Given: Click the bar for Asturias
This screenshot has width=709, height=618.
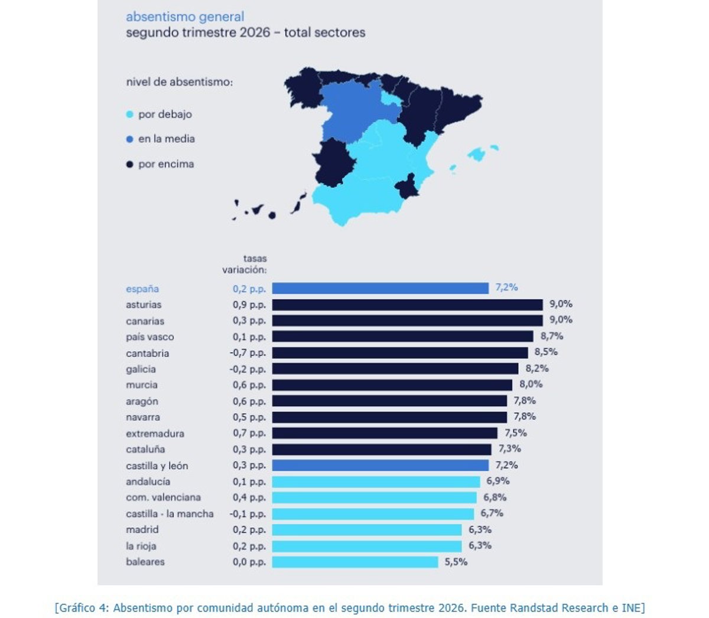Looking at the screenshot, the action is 407,305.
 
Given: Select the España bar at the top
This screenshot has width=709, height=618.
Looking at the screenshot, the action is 380,288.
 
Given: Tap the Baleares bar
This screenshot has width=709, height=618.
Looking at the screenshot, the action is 355,562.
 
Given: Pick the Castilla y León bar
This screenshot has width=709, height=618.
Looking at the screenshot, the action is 380,465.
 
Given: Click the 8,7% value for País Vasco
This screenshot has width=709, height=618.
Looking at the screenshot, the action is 552,336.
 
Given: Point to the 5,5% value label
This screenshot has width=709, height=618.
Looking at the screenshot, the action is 456,561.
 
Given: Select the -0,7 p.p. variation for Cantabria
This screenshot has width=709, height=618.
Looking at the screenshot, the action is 248,353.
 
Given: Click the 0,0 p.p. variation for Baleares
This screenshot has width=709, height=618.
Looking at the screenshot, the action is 249,561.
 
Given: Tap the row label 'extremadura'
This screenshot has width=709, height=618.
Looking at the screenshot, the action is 155,433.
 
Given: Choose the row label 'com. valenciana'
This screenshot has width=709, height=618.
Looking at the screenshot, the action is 163,498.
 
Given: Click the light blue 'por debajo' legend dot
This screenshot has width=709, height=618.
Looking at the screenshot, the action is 129,115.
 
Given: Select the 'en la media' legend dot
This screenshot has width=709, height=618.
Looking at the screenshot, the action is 129,139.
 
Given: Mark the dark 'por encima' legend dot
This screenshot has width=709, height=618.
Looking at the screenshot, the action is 129,164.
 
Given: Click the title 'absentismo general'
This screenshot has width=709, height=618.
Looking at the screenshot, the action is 185,17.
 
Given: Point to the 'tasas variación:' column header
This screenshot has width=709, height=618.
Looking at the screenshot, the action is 245,264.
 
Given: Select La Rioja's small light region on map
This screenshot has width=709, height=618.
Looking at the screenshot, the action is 392,99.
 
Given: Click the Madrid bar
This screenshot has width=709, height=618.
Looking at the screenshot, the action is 367,529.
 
